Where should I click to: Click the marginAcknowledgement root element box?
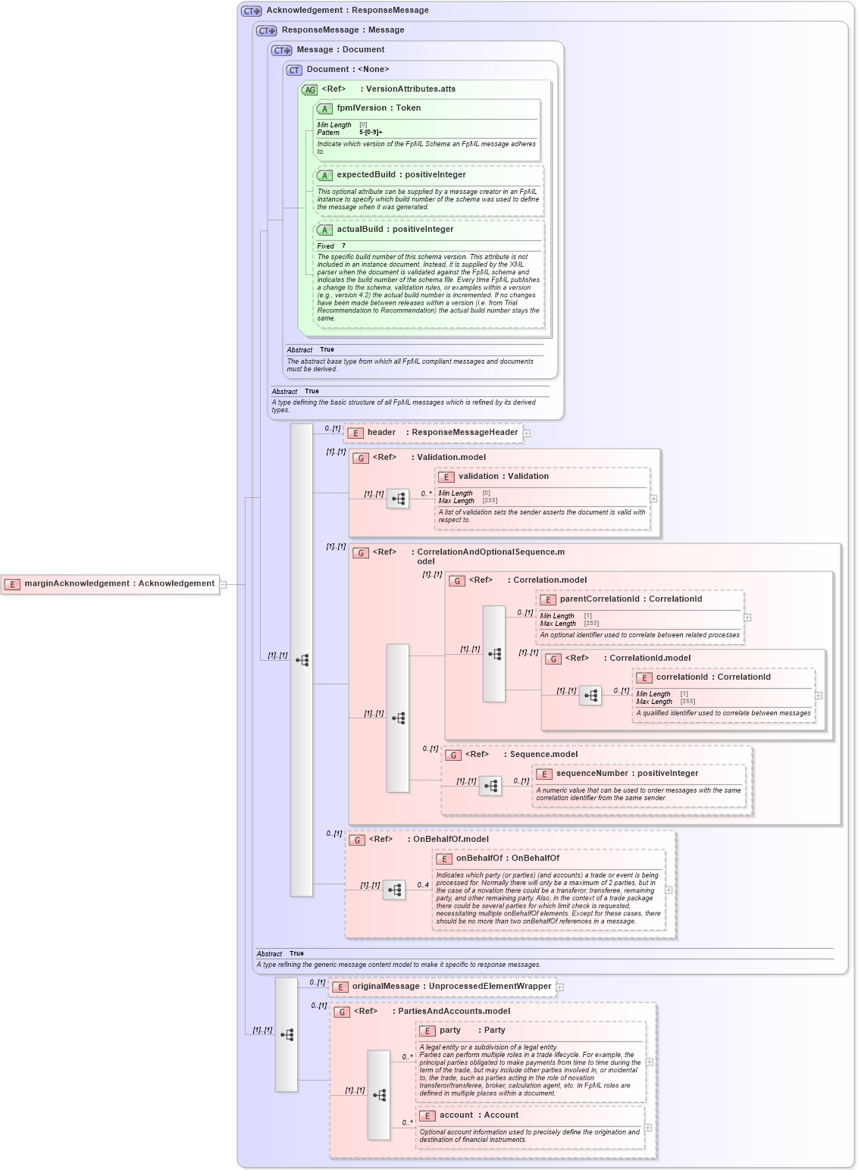pyautogui.click(x=111, y=584)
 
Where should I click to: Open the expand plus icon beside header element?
pyautogui.click(x=527, y=433)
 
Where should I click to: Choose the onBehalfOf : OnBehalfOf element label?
pyautogui.click(x=507, y=859)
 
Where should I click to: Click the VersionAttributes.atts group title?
pyautogui.click(x=410, y=89)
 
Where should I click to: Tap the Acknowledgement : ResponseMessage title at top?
pyautogui.click(x=347, y=11)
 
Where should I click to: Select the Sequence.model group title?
pyautogui.click(x=543, y=755)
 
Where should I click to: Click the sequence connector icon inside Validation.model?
pyautogui.click(x=398, y=499)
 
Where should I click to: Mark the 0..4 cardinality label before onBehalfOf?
pyautogui.click(x=422, y=885)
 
